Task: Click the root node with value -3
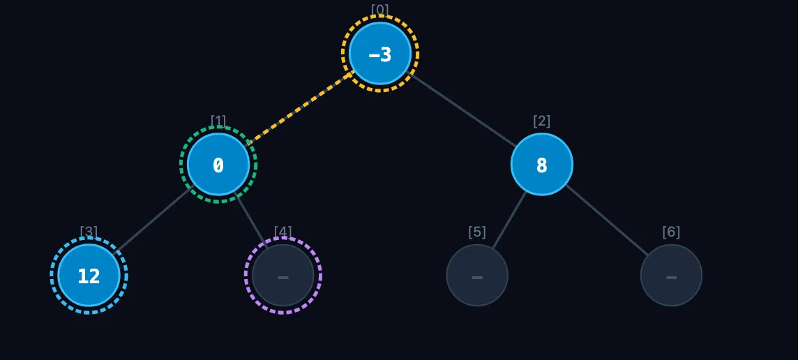(379, 54)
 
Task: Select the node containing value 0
(218, 165)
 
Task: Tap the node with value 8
(541, 165)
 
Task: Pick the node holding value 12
(89, 276)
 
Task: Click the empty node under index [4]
(283, 276)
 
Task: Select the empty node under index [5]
(477, 276)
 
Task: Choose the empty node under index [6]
(671, 276)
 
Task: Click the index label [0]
(379, 10)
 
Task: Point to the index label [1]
(218, 121)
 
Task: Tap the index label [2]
(541, 121)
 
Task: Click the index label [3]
(89, 232)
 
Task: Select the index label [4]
(283, 232)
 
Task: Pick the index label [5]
(477, 232)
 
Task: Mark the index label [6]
(671, 232)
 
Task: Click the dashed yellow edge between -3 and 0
(300, 108)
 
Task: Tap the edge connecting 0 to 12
(153, 220)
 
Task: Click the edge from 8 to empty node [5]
(509, 220)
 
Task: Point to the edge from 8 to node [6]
(607, 220)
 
